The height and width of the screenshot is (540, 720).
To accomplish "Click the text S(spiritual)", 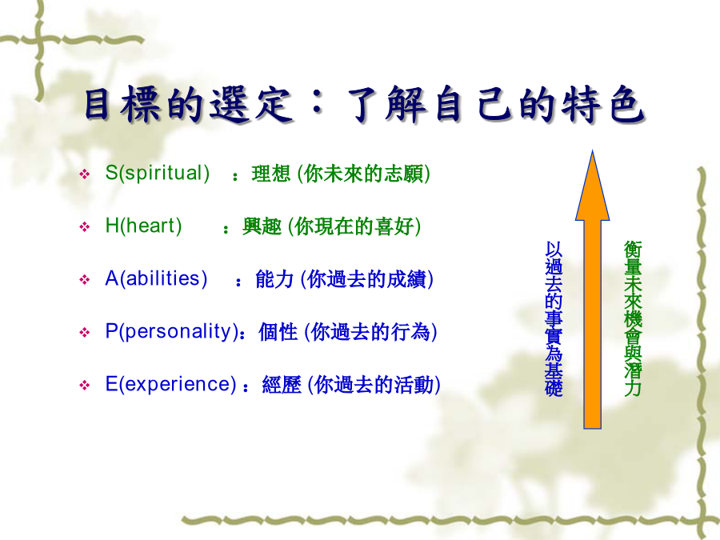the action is [157, 174].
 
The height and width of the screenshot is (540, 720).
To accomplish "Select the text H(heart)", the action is [143, 226].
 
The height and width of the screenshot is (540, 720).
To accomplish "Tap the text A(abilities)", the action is [156, 279].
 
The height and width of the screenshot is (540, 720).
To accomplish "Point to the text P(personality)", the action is [172, 332].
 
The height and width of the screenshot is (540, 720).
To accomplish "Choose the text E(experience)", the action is [171, 385].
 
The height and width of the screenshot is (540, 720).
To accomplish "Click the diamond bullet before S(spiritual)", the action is [85, 174].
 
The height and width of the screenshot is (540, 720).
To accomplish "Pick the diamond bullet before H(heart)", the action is [85, 227].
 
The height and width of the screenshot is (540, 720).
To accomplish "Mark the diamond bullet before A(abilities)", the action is [85, 280].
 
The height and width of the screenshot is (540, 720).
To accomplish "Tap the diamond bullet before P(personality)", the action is [85, 333].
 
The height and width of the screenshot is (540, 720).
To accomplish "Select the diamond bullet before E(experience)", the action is [85, 386].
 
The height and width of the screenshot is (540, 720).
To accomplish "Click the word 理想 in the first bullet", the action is [271, 174].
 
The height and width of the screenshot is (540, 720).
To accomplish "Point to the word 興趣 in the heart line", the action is [262, 227].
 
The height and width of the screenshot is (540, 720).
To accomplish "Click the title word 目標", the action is [122, 105].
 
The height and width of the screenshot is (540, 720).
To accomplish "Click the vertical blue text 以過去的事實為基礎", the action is [554, 318].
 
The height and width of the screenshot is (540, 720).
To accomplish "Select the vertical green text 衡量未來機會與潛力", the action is [633, 318].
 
